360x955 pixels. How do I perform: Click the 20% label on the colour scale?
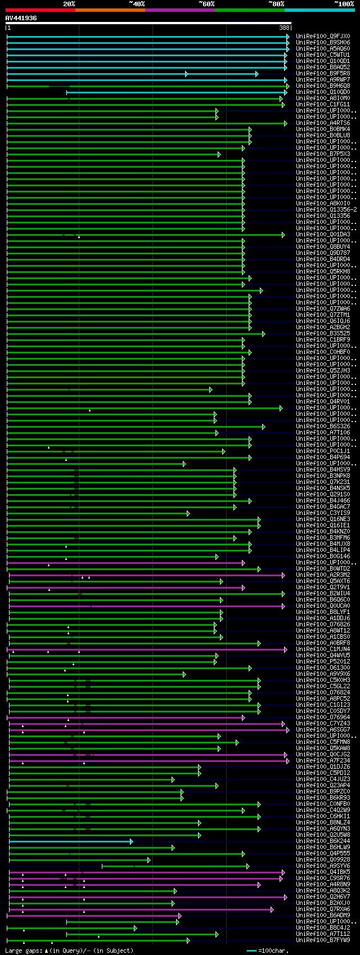click(69, 4)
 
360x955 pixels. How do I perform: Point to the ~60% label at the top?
click(206, 4)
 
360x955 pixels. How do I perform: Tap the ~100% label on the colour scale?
click(344, 4)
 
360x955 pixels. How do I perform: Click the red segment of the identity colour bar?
click(40, 10)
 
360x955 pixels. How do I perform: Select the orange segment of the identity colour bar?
click(110, 10)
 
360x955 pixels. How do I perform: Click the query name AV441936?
click(21, 18)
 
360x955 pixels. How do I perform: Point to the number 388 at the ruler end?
click(284, 28)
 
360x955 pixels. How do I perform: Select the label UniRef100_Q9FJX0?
click(323, 37)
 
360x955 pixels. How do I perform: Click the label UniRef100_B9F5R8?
click(323, 74)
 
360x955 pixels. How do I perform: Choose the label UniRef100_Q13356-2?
click(326, 210)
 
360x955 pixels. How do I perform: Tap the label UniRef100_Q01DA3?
click(323, 235)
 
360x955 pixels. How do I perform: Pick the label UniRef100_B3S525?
click(323, 334)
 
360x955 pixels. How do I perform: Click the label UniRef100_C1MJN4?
click(323, 649)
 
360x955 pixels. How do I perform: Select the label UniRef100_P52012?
click(323, 662)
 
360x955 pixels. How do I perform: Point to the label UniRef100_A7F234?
click(323, 761)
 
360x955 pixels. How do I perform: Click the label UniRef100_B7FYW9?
click(323, 940)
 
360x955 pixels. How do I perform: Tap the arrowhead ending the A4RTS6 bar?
click(286, 123)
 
